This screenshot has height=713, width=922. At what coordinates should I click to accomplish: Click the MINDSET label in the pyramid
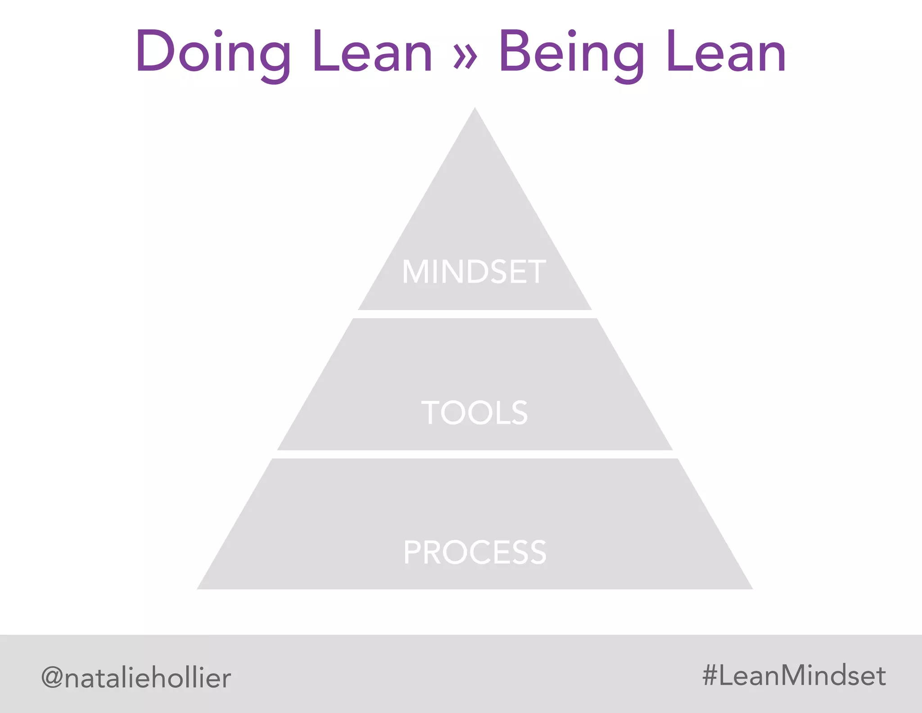474,272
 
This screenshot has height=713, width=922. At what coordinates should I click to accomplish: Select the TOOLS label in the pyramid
475,412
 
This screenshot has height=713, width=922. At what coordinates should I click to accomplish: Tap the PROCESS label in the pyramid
475,553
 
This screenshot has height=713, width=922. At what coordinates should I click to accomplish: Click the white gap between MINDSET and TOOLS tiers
475,314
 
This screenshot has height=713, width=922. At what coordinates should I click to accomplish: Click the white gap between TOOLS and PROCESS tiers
475,454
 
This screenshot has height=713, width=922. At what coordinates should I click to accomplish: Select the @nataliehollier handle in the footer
136,678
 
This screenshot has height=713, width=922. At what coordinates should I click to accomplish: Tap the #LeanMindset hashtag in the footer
794,676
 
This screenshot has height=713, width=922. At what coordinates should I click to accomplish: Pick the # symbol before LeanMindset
710,676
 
